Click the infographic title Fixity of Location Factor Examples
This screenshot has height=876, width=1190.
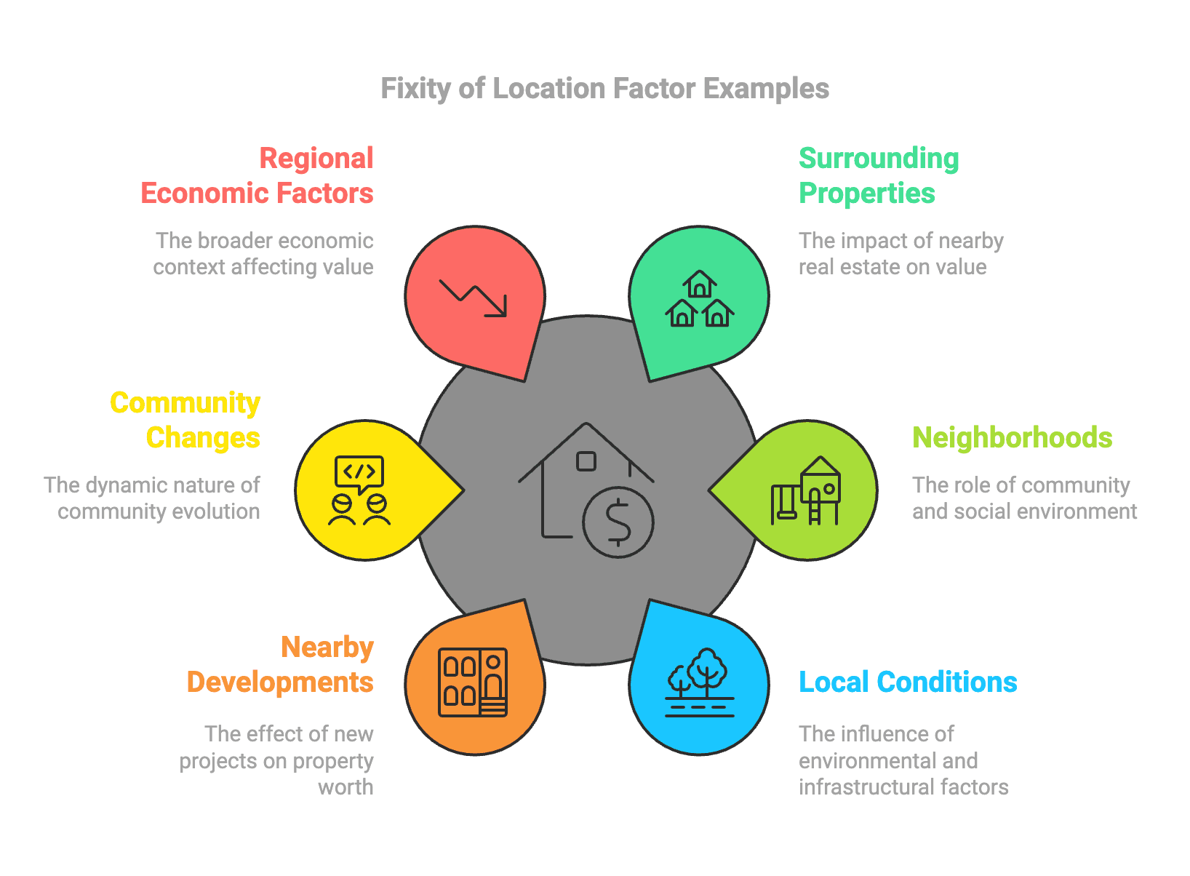[x=604, y=89]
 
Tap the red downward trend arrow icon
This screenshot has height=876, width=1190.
[x=474, y=299]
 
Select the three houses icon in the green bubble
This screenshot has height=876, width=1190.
[x=699, y=299]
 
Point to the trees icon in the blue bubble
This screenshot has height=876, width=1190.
[x=699, y=682]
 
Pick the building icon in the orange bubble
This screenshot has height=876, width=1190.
[x=474, y=682]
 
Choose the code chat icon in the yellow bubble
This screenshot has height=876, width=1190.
[x=359, y=491]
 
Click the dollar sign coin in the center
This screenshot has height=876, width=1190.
[x=618, y=522]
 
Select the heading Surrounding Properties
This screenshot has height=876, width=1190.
[x=879, y=176]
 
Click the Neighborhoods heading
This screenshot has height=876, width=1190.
[x=1012, y=438]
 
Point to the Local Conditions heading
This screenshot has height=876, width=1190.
[x=908, y=682]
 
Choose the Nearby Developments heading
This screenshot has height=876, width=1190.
[x=281, y=665]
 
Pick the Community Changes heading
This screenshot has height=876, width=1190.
[x=186, y=421]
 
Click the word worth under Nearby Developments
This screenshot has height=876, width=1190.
[x=346, y=787]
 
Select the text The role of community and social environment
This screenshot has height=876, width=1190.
[x=1024, y=498]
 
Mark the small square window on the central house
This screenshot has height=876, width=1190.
[x=586, y=461]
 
